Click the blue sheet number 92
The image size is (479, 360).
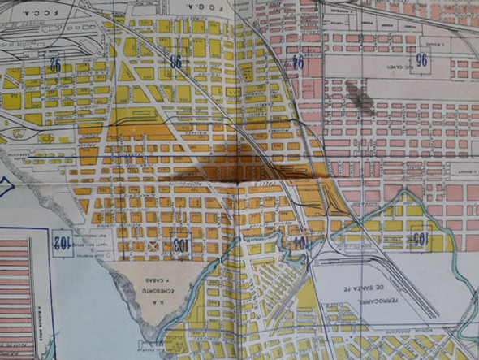pos(56,63)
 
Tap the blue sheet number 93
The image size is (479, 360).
pos(175,62)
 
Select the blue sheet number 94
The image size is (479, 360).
pos(298,62)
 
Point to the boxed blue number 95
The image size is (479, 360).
pos(421,59)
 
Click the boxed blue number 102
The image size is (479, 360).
pos(62,244)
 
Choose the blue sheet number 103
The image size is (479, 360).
pos(180,243)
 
